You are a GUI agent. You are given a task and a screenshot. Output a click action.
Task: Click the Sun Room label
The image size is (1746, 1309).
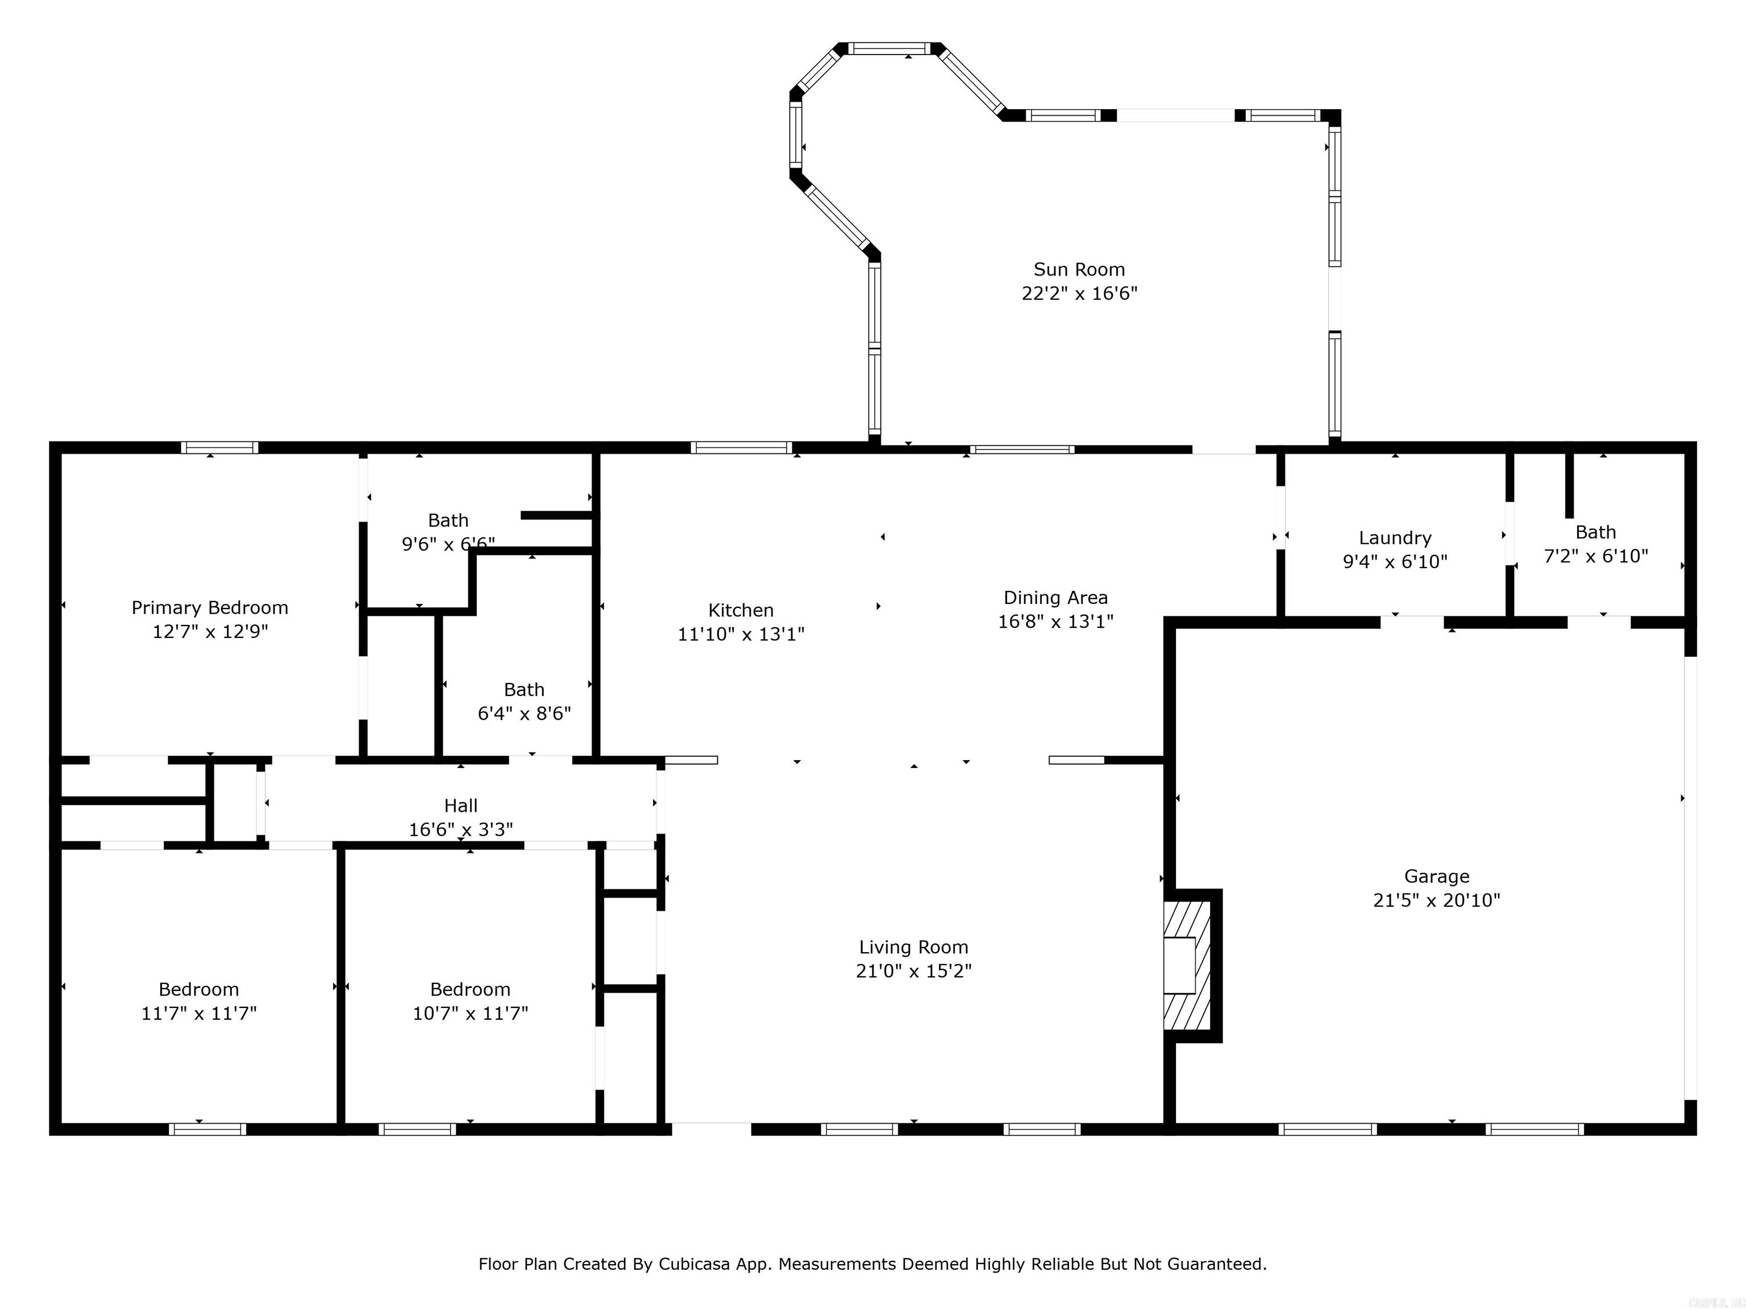[x=1079, y=270]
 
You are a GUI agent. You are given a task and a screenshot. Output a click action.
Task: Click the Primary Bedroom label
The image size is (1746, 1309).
[x=209, y=607]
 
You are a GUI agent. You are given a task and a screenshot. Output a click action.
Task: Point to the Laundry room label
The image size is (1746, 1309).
[x=1395, y=538]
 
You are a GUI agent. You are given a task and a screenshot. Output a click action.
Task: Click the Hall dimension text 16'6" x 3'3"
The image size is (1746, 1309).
[x=460, y=829]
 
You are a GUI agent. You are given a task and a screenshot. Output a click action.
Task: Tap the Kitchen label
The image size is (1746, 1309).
[x=741, y=610]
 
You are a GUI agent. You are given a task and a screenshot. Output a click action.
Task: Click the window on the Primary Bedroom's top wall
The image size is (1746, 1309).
[x=219, y=447]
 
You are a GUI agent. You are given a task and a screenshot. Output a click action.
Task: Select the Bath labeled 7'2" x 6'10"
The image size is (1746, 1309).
[x=1595, y=544]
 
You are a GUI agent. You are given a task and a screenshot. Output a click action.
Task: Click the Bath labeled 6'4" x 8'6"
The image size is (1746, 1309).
[x=524, y=702]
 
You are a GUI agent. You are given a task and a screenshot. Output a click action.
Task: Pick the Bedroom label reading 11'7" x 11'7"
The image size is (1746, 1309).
[x=198, y=990]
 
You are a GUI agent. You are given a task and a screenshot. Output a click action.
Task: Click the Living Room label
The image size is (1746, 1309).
[x=913, y=947]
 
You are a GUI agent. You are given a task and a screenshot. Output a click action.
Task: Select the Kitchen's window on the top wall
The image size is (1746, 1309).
[x=741, y=447]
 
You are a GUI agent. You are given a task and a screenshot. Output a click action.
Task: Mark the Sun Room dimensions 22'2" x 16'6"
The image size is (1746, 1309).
[x=1079, y=294]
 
